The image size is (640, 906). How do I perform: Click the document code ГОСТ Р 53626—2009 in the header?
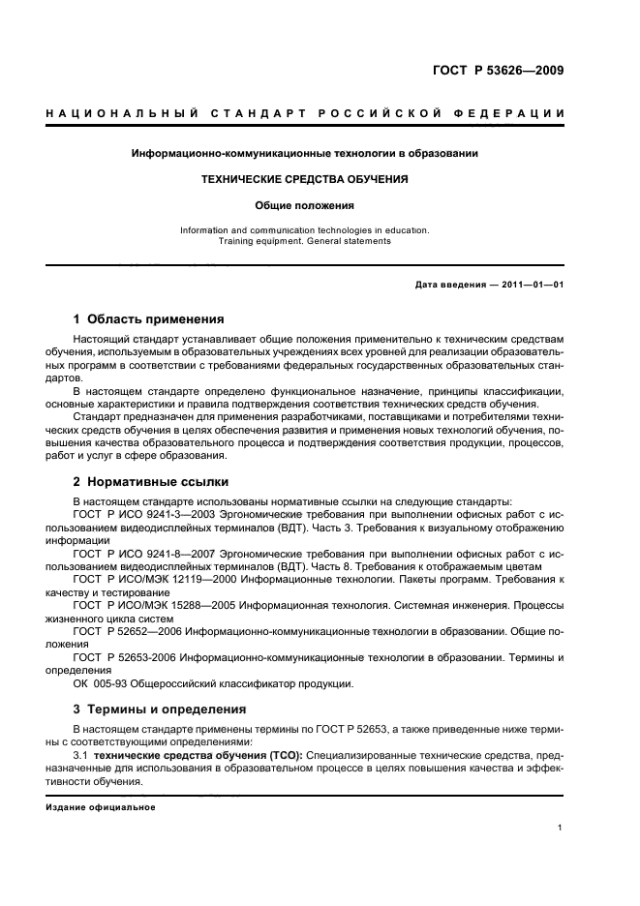(x=498, y=71)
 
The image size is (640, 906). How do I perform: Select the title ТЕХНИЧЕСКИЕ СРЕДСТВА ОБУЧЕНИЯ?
(x=304, y=179)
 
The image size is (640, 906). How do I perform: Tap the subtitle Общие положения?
(x=304, y=205)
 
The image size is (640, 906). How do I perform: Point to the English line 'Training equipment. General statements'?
(x=304, y=241)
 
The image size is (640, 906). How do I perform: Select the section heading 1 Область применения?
(x=149, y=318)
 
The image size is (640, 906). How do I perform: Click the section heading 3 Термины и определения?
(x=160, y=709)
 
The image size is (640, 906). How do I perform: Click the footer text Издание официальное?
(x=101, y=806)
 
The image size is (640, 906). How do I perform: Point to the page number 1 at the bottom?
(x=561, y=828)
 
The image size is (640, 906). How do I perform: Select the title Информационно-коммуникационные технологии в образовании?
(x=304, y=153)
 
